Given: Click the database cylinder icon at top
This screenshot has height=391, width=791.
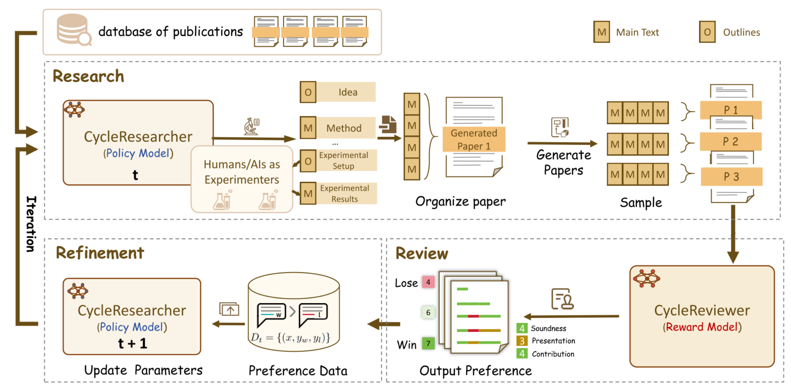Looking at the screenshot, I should click(x=73, y=29).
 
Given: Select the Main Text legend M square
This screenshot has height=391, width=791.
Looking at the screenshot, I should click(x=601, y=32).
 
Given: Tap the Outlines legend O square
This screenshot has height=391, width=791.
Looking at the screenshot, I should click(x=707, y=32).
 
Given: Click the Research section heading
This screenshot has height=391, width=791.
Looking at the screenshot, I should click(x=88, y=76).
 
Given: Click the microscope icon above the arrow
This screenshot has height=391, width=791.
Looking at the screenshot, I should click(x=251, y=126).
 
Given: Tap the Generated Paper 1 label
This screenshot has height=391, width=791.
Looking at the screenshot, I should click(x=474, y=139).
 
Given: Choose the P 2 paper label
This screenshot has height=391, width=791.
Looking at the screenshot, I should click(x=730, y=141).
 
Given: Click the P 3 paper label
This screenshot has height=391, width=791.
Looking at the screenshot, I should click(x=731, y=177).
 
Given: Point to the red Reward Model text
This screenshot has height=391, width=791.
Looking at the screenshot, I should click(x=702, y=327).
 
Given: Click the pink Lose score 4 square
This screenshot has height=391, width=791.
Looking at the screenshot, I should click(x=428, y=282).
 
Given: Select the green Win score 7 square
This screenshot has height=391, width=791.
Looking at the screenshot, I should click(x=428, y=344).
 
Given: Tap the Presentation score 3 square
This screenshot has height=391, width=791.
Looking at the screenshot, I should click(x=522, y=341).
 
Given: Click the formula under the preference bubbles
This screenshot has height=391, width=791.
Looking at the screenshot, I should click(x=290, y=337).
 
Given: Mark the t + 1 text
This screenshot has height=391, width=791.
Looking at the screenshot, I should click(x=132, y=343).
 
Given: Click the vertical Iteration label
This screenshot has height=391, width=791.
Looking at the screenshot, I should click(x=31, y=224).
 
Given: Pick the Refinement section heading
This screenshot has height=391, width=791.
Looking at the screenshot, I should click(x=100, y=253).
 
